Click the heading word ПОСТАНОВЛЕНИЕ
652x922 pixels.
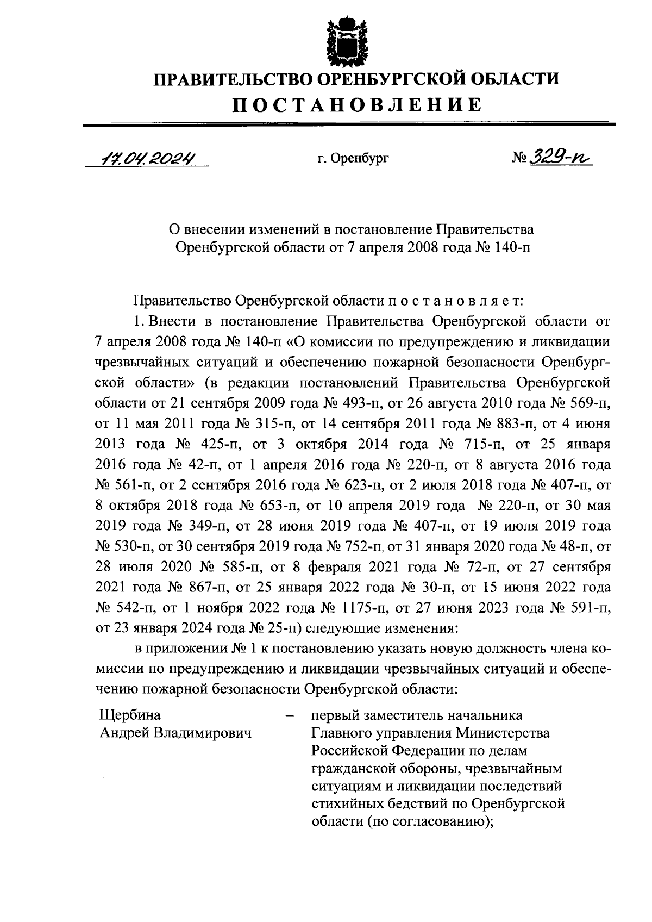pos(357,104)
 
